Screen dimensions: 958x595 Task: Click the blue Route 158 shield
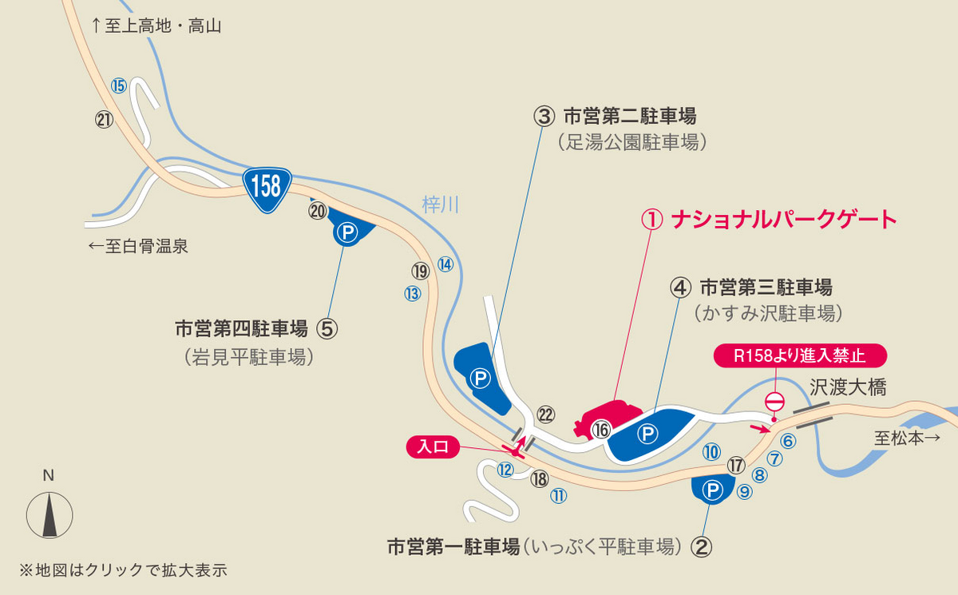pyautogui.click(x=266, y=187)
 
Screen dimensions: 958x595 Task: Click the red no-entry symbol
pyautogui.click(x=776, y=401)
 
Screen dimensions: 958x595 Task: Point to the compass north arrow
pyautogui.click(x=49, y=514)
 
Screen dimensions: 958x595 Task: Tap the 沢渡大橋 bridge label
pyautogui.click(x=848, y=388)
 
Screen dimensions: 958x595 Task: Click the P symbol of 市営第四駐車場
pyautogui.click(x=346, y=232)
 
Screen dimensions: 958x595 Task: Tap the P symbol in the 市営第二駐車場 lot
pyautogui.click(x=480, y=378)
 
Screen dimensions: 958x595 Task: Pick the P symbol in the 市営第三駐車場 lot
pyautogui.click(x=648, y=434)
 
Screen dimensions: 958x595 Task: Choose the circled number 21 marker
pyautogui.click(x=104, y=120)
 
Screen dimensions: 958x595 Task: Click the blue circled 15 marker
pyautogui.click(x=119, y=85)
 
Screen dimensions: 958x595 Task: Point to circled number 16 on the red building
pyautogui.click(x=601, y=430)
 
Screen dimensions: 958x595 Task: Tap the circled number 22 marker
pyautogui.click(x=546, y=414)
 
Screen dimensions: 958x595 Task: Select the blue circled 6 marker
pyautogui.click(x=787, y=440)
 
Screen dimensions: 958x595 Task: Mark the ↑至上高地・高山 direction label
pyautogui.click(x=156, y=26)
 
